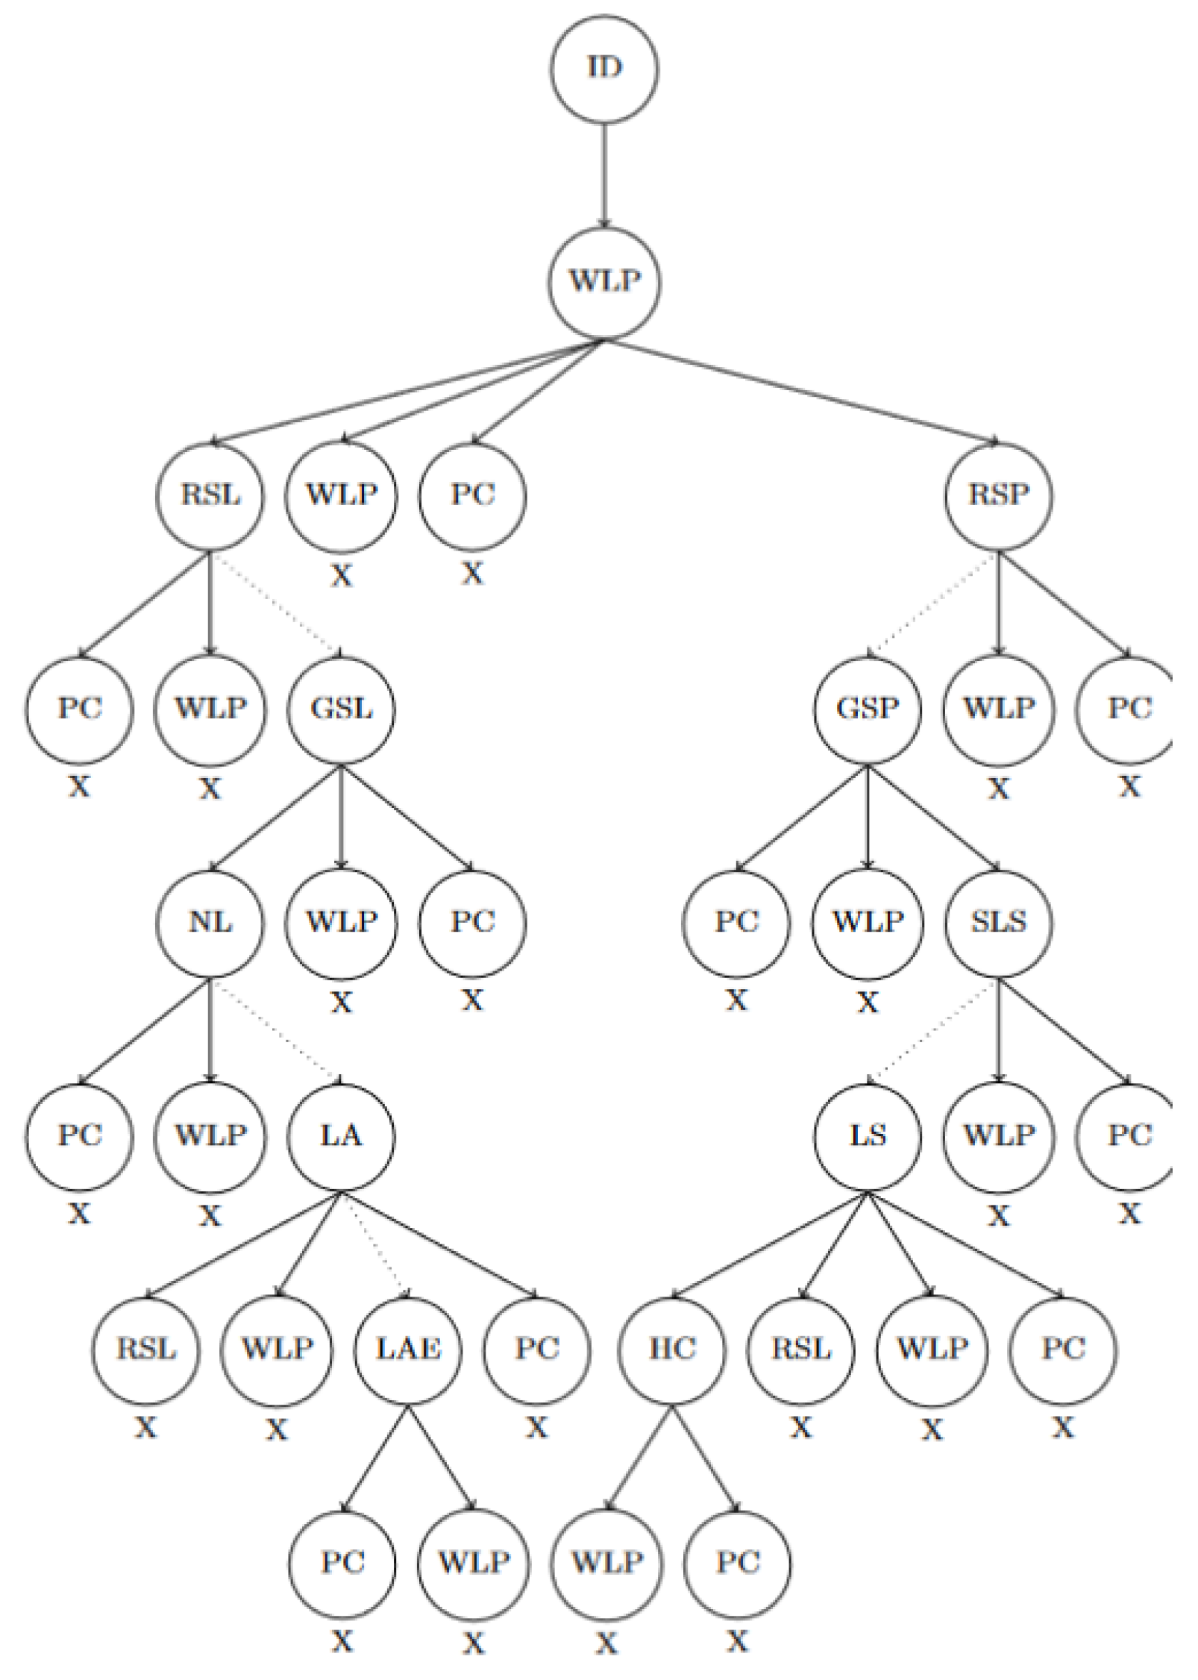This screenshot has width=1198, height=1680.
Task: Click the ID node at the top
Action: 604,69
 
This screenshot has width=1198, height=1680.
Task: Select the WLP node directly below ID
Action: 604,282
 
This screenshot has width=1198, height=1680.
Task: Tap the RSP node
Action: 999,495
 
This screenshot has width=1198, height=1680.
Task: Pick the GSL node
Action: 342,709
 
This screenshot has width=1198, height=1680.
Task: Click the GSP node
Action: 868,709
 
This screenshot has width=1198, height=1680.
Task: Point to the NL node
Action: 210,923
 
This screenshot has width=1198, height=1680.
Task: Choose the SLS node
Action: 999,923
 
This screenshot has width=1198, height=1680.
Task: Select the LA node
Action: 342,1136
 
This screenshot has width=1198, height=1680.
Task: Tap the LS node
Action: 868,1136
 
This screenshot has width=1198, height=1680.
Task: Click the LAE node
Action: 408,1350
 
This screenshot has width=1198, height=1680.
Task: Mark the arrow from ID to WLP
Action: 604,175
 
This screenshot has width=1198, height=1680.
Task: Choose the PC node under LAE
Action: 342,1563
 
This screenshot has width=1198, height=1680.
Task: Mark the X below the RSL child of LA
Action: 146,1428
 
